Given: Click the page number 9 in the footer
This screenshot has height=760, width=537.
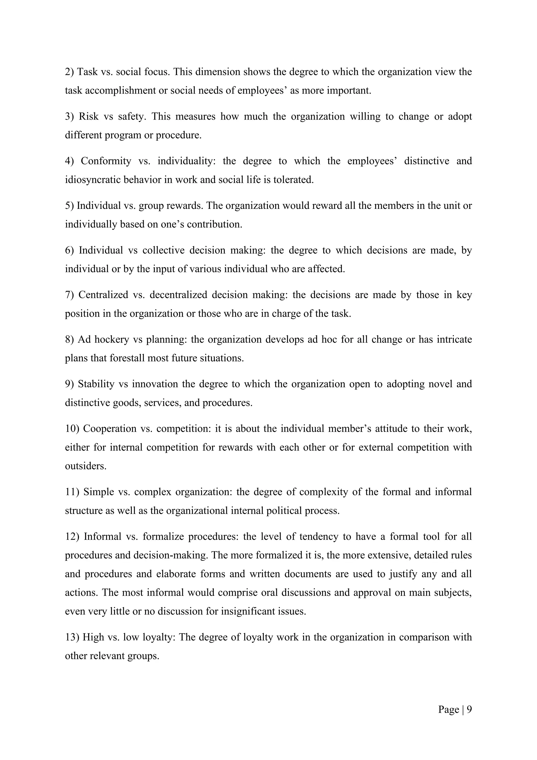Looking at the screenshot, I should pos(469,709).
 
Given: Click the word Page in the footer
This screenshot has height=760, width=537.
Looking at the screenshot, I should pos(448,709).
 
